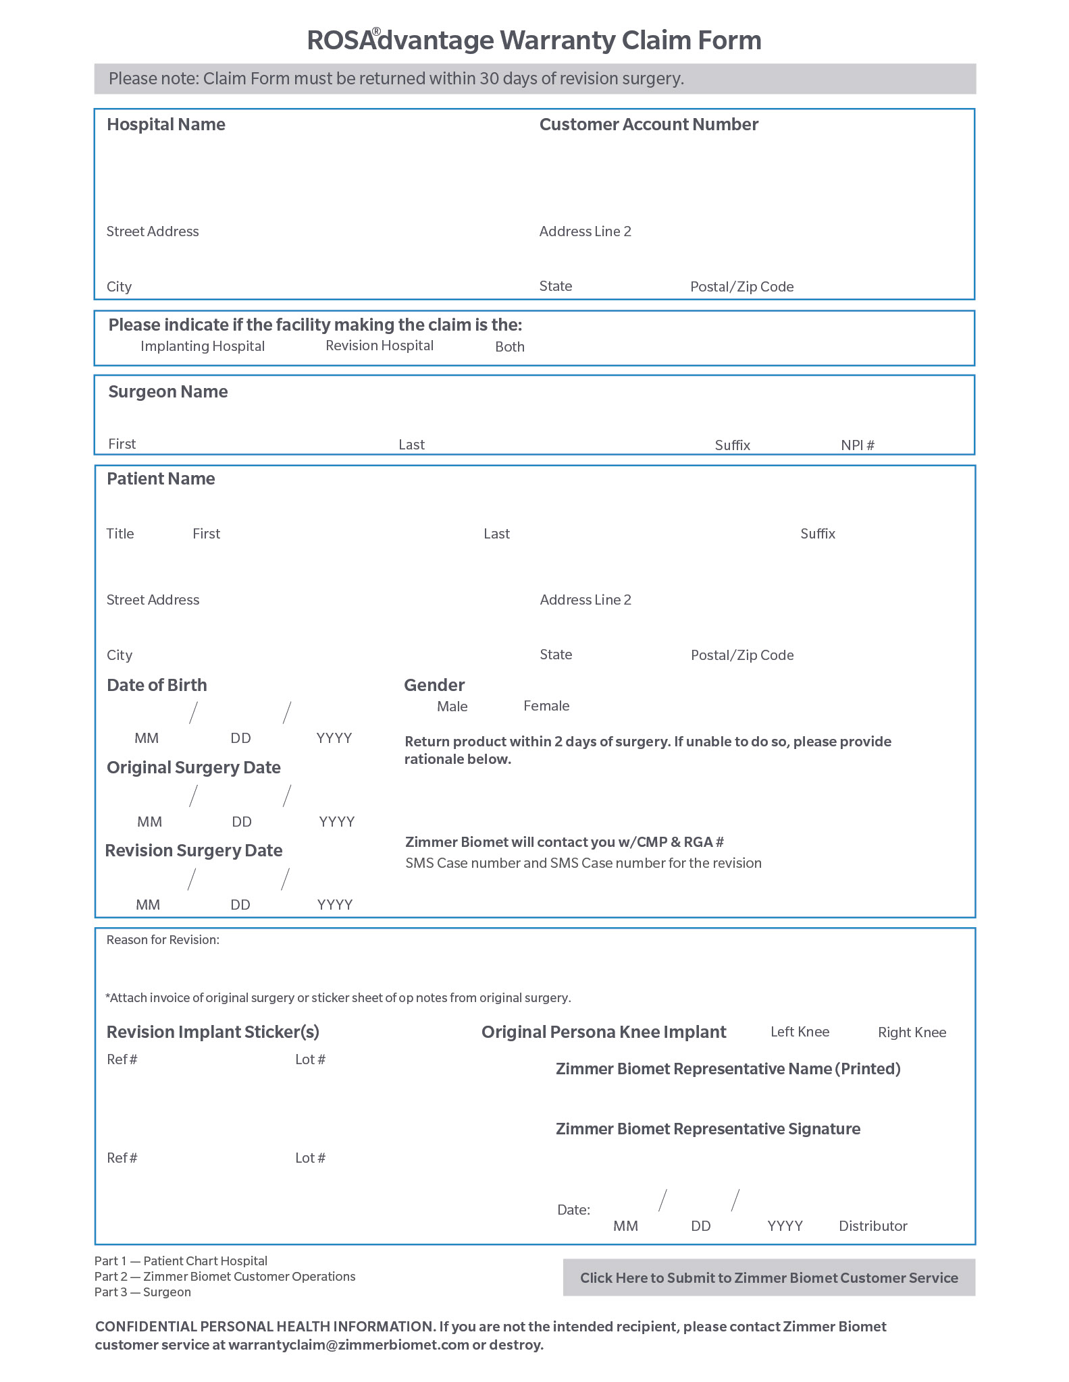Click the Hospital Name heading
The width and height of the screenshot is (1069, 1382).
coord(166,125)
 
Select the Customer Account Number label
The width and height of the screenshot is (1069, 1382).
coord(648,125)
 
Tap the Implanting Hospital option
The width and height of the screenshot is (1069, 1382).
coord(202,346)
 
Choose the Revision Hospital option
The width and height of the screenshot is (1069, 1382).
coord(379,345)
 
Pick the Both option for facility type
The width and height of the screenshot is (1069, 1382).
coord(509,347)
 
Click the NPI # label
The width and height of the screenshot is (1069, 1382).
coord(858,445)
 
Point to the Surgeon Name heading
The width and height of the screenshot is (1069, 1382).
coord(168,392)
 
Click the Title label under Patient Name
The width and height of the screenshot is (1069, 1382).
coord(120,534)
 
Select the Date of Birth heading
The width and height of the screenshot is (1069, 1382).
coord(157,686)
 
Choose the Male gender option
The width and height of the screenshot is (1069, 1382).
coord(452,707)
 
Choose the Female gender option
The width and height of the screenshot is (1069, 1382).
coord(546,706)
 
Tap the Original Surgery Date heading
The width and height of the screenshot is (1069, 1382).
coord(194,768)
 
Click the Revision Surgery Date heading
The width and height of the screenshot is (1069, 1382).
coord(194,851)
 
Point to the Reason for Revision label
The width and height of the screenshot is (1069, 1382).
coord(163,940)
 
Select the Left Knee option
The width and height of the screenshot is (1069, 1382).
coord(800,1032)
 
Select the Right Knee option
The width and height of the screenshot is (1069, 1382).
coord(912,1032)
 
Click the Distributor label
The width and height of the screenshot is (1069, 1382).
coord(872,1226)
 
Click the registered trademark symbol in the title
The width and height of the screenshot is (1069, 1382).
coord(376,32)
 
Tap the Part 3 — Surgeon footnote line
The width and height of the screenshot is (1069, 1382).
coord(142,1292)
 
